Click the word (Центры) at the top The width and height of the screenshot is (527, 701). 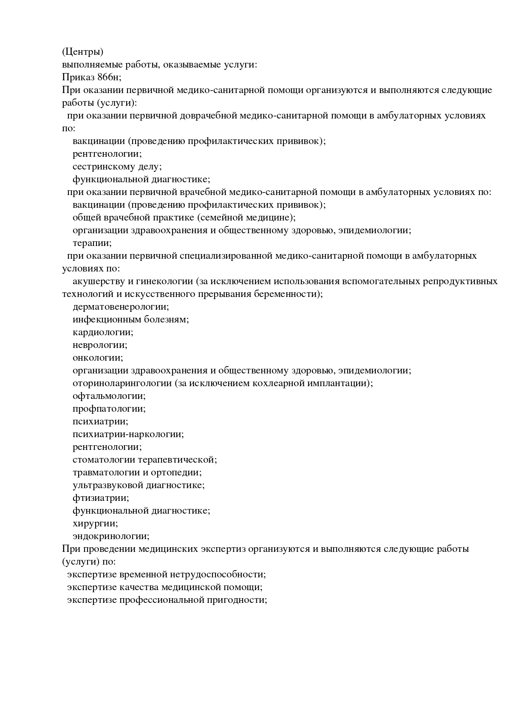pyautogui.click(x=82, y=52)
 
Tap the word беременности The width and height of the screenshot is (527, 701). pyautogui.click(x=291, y=294)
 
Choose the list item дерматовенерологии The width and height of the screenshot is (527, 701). pyautogui.click(x=121, y=307)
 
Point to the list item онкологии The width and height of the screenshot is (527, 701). pyautogui.click(x=98, y=358)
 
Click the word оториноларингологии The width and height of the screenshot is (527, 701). pyautogui.click(x=122, y=383)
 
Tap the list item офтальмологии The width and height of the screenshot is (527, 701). pyautogui.click(x=109, y=396)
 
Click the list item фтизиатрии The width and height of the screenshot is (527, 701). pyautogui.click(x=101, y=498)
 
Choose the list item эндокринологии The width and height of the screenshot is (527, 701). pyautogui.click(x=111, y=536)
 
